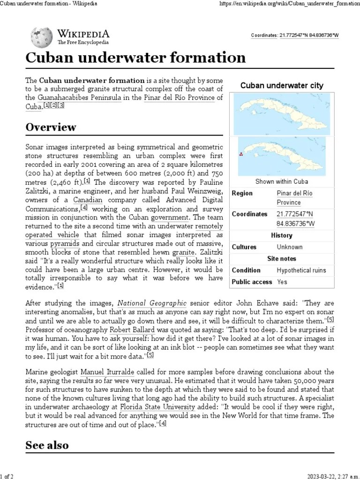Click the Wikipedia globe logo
pyautogui.click(x=42, y=36)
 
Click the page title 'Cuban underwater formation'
pyautogui.click(x=135, y=58)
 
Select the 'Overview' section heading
pyautogui.click(x=51, y=127)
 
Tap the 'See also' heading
pyautogui.click(x=47, y=445)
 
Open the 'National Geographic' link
pyautogui.click(x=152, y=303)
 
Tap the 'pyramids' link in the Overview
pyautogui.click(x=65, y=244)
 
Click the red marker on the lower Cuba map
pyautogui.click(x=241, y=154)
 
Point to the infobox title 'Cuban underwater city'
pyautogui.click(x=282, y=85)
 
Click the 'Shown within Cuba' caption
pyautogui.click(x=282, y=181)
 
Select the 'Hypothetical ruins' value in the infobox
pyautogui.click(x=301, y=270)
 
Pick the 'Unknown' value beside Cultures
pyautogui.click(x=290, y=247)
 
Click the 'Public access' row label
pyautogui.click(x=252, y=282)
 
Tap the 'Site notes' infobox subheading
pyautogui.click(x=282, y=259)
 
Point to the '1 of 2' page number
pyautogui.click(x=7, y=476)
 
